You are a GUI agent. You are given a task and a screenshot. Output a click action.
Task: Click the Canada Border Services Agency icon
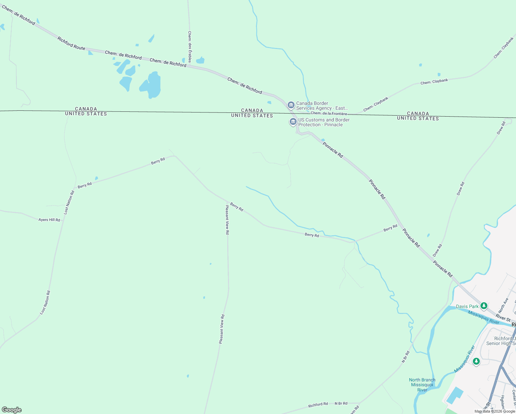(x=291, y=105)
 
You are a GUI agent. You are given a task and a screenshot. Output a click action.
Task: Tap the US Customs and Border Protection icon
(x=293, y=121)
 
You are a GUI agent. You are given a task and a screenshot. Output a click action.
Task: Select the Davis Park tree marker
(x=484, y=306)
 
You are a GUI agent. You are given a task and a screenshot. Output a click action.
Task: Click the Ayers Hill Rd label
(x=49, y=220)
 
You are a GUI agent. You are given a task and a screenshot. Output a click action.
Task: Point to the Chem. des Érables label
(x=190, y=47)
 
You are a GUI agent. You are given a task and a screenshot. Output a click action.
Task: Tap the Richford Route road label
(x=71, y=43)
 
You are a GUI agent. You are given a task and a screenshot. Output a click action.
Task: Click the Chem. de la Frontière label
(x=329, y=113)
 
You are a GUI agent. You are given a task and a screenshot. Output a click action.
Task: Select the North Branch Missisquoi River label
(x=422, y=385)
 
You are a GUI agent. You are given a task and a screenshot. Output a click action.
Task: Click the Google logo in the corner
(x=12, y=410)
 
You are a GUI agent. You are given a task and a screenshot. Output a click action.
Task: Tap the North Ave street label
(x=503, y=305)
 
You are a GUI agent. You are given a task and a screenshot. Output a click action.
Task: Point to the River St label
(x=503, y=317)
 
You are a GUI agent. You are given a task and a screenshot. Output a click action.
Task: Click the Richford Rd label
(x=318, y=405)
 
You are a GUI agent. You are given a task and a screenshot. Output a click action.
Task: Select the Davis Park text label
(x=467, y=306)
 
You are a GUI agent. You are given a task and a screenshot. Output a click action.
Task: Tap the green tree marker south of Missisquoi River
(x=476, y=361)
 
